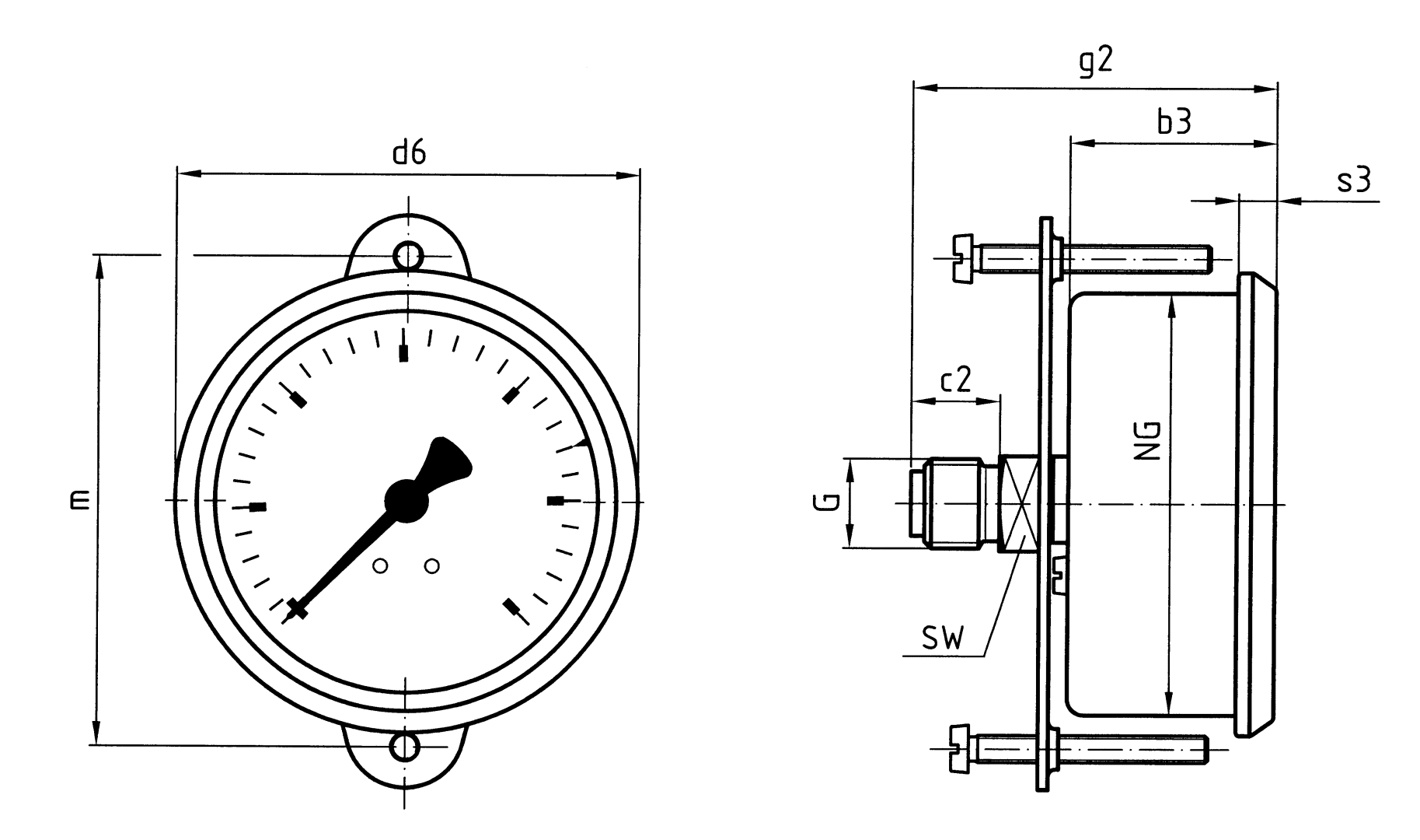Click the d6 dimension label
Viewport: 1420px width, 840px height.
tap(409, 153)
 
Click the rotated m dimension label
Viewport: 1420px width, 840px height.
tap(79, 500)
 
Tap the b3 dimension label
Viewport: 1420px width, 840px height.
tap(1174, 122)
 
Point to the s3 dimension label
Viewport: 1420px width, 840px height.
tap(1353, 180)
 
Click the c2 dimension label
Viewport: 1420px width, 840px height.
tap(955, 380)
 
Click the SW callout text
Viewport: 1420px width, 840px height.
tap(942, 639)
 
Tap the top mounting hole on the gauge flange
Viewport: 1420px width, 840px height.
tap(408, 254)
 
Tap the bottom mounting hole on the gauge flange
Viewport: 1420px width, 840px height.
tap(405, 747)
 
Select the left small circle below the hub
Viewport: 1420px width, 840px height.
tap(380, 566)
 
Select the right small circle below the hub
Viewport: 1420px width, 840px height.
tap(432, 566)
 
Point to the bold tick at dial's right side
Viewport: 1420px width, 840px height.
tap(556, 501)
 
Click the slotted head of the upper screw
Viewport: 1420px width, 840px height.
tap(963, 257)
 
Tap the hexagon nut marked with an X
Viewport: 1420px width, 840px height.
tap(1019, 503)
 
